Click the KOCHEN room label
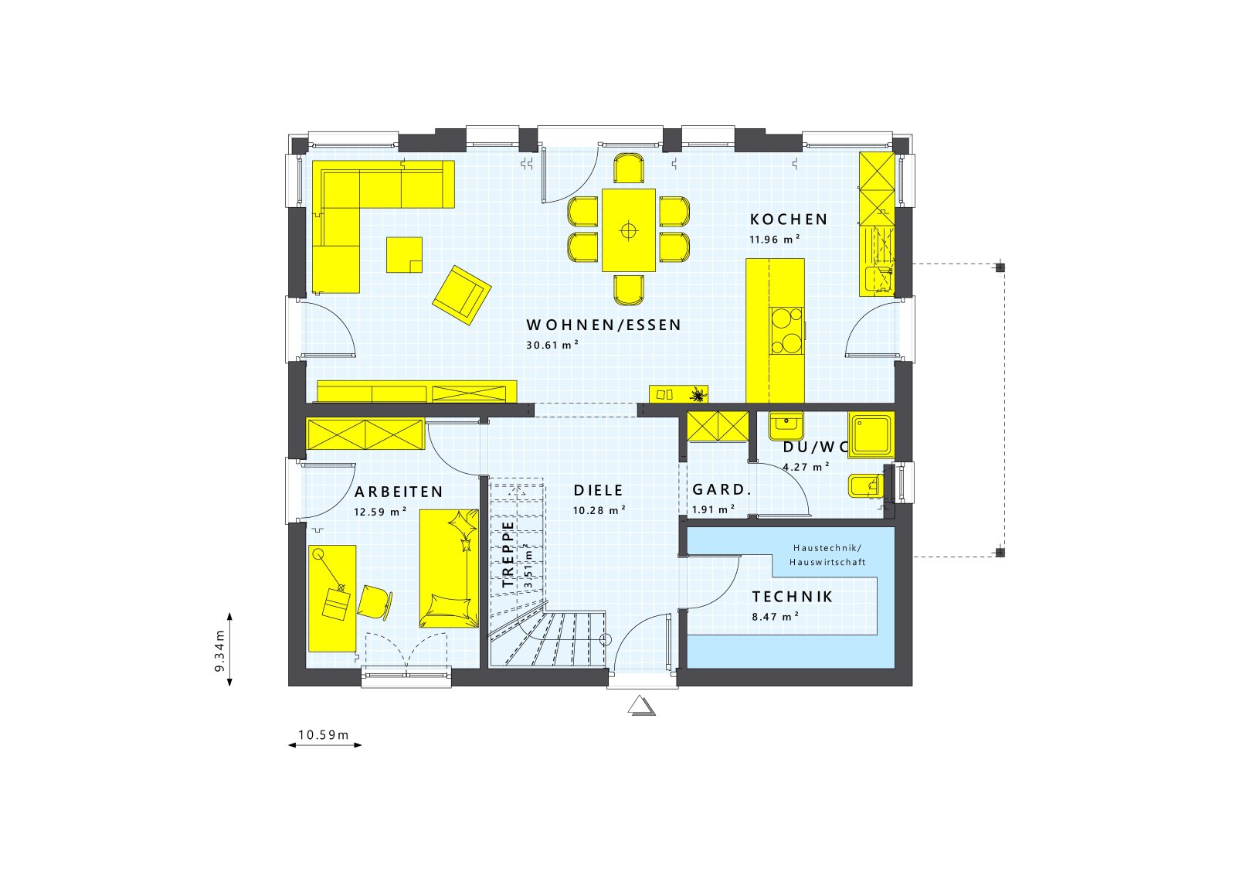789,220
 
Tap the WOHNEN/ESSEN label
604,325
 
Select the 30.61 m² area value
552,346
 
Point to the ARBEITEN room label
399,492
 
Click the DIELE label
598,491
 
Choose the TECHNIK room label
793,597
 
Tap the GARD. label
722,490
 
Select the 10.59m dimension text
324,735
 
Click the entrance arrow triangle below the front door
641,706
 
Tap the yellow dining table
629,230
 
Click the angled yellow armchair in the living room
461,295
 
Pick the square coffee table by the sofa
405,255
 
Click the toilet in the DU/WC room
864,485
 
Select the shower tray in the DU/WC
871,434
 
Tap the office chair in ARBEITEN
374,602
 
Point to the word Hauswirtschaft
827,563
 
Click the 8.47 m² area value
775,617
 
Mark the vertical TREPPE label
508,554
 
